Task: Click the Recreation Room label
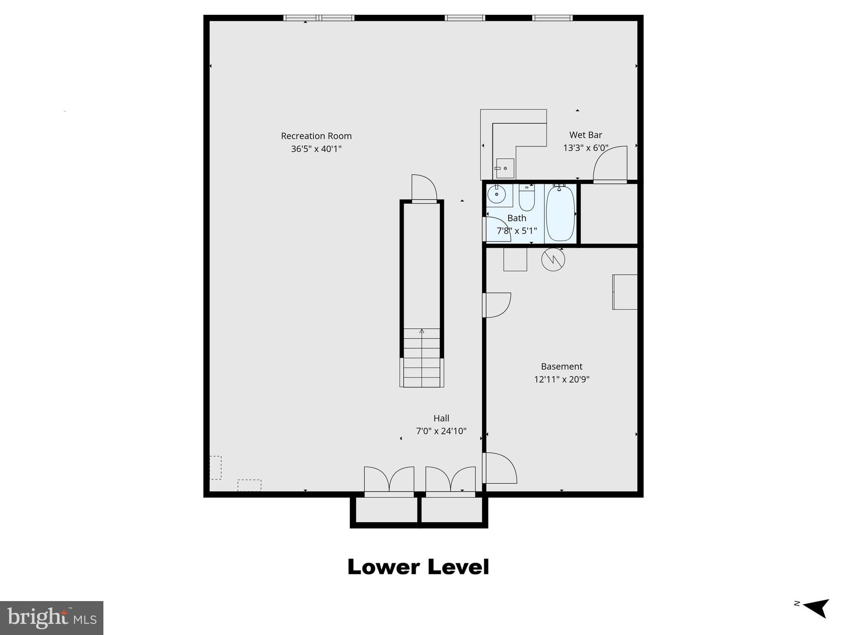316,136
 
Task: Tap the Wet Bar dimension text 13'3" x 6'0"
585,148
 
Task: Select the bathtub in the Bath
560,213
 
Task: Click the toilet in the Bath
527,198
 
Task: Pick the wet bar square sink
505,168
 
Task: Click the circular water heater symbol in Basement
553,260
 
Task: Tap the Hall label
441,418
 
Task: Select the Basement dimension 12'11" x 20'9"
561,379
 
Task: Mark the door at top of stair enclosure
424,189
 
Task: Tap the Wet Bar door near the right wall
610,165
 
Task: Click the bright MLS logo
52,618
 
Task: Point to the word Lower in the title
384,567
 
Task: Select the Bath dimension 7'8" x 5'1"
517,231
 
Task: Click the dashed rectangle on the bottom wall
249,485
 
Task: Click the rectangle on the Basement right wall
624,292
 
